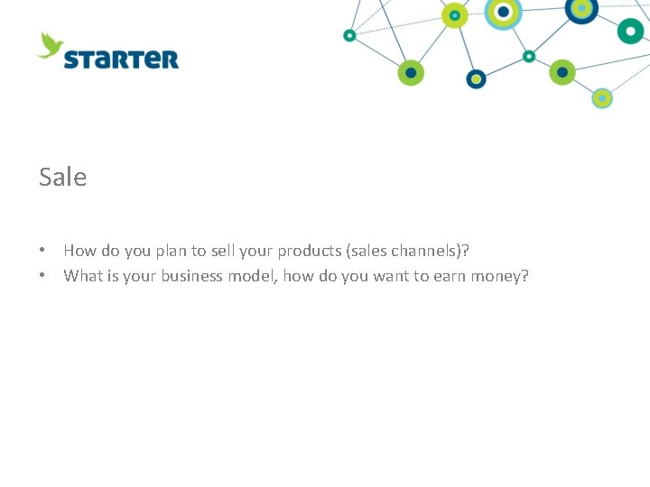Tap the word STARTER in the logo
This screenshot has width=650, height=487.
[121, 60]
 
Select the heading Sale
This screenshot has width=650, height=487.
[63, 177]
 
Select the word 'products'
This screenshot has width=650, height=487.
[311, 251]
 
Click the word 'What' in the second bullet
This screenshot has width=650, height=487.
[84, 276]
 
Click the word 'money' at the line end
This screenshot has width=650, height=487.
[503, 276]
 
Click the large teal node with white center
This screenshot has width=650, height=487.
[630, 31]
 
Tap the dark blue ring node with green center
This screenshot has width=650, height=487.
[476, 78]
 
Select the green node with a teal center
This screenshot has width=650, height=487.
[454, 14]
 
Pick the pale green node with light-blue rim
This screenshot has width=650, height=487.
[602, 97]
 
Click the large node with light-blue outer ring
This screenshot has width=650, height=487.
[503, 12]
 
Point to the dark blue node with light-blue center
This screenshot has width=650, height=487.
[581, 8]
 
